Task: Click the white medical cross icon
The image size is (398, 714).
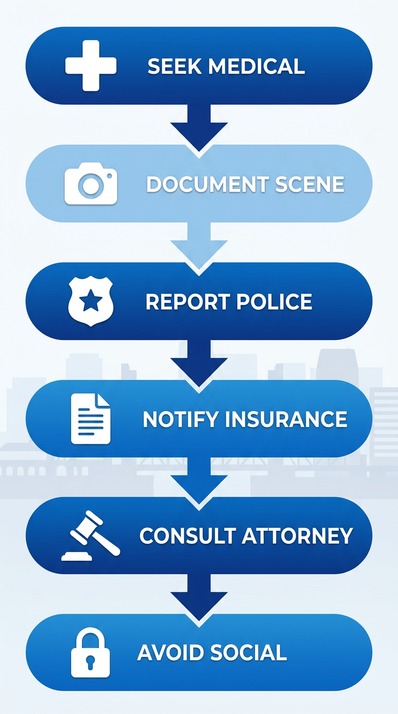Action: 91,66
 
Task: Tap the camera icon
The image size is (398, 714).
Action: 91,185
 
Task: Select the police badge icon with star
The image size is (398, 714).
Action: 91,301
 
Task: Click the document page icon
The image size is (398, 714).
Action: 91,419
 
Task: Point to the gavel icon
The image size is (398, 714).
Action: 91,536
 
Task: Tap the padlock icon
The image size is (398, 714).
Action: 91,653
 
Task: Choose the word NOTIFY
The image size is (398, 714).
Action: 174,419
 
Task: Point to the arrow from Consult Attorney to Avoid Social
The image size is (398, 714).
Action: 199,596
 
